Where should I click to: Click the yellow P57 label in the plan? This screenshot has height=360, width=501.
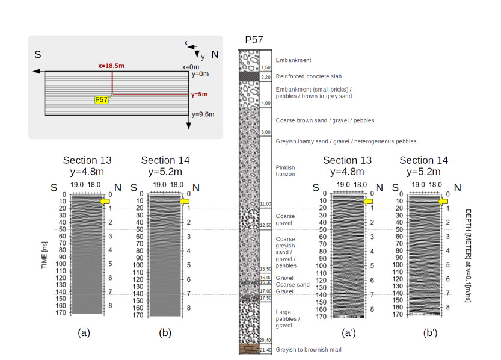tap(102, 100)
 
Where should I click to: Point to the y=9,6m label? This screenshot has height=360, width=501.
tap(203, 114)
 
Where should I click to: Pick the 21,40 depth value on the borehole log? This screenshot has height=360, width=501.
tap(266, 350)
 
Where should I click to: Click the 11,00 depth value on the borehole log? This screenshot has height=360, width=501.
tap(266, 205)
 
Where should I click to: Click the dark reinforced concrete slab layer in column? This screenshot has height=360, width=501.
tap(248, 76)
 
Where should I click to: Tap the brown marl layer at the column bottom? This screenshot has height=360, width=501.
tap(248, 349)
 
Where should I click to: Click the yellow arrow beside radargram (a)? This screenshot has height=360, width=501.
tap(105, 201)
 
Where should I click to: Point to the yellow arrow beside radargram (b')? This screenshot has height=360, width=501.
tap(444, 201)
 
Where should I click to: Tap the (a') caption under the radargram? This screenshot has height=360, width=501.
tap(348, 331)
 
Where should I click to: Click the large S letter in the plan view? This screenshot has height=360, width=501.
tap(37, 54)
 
